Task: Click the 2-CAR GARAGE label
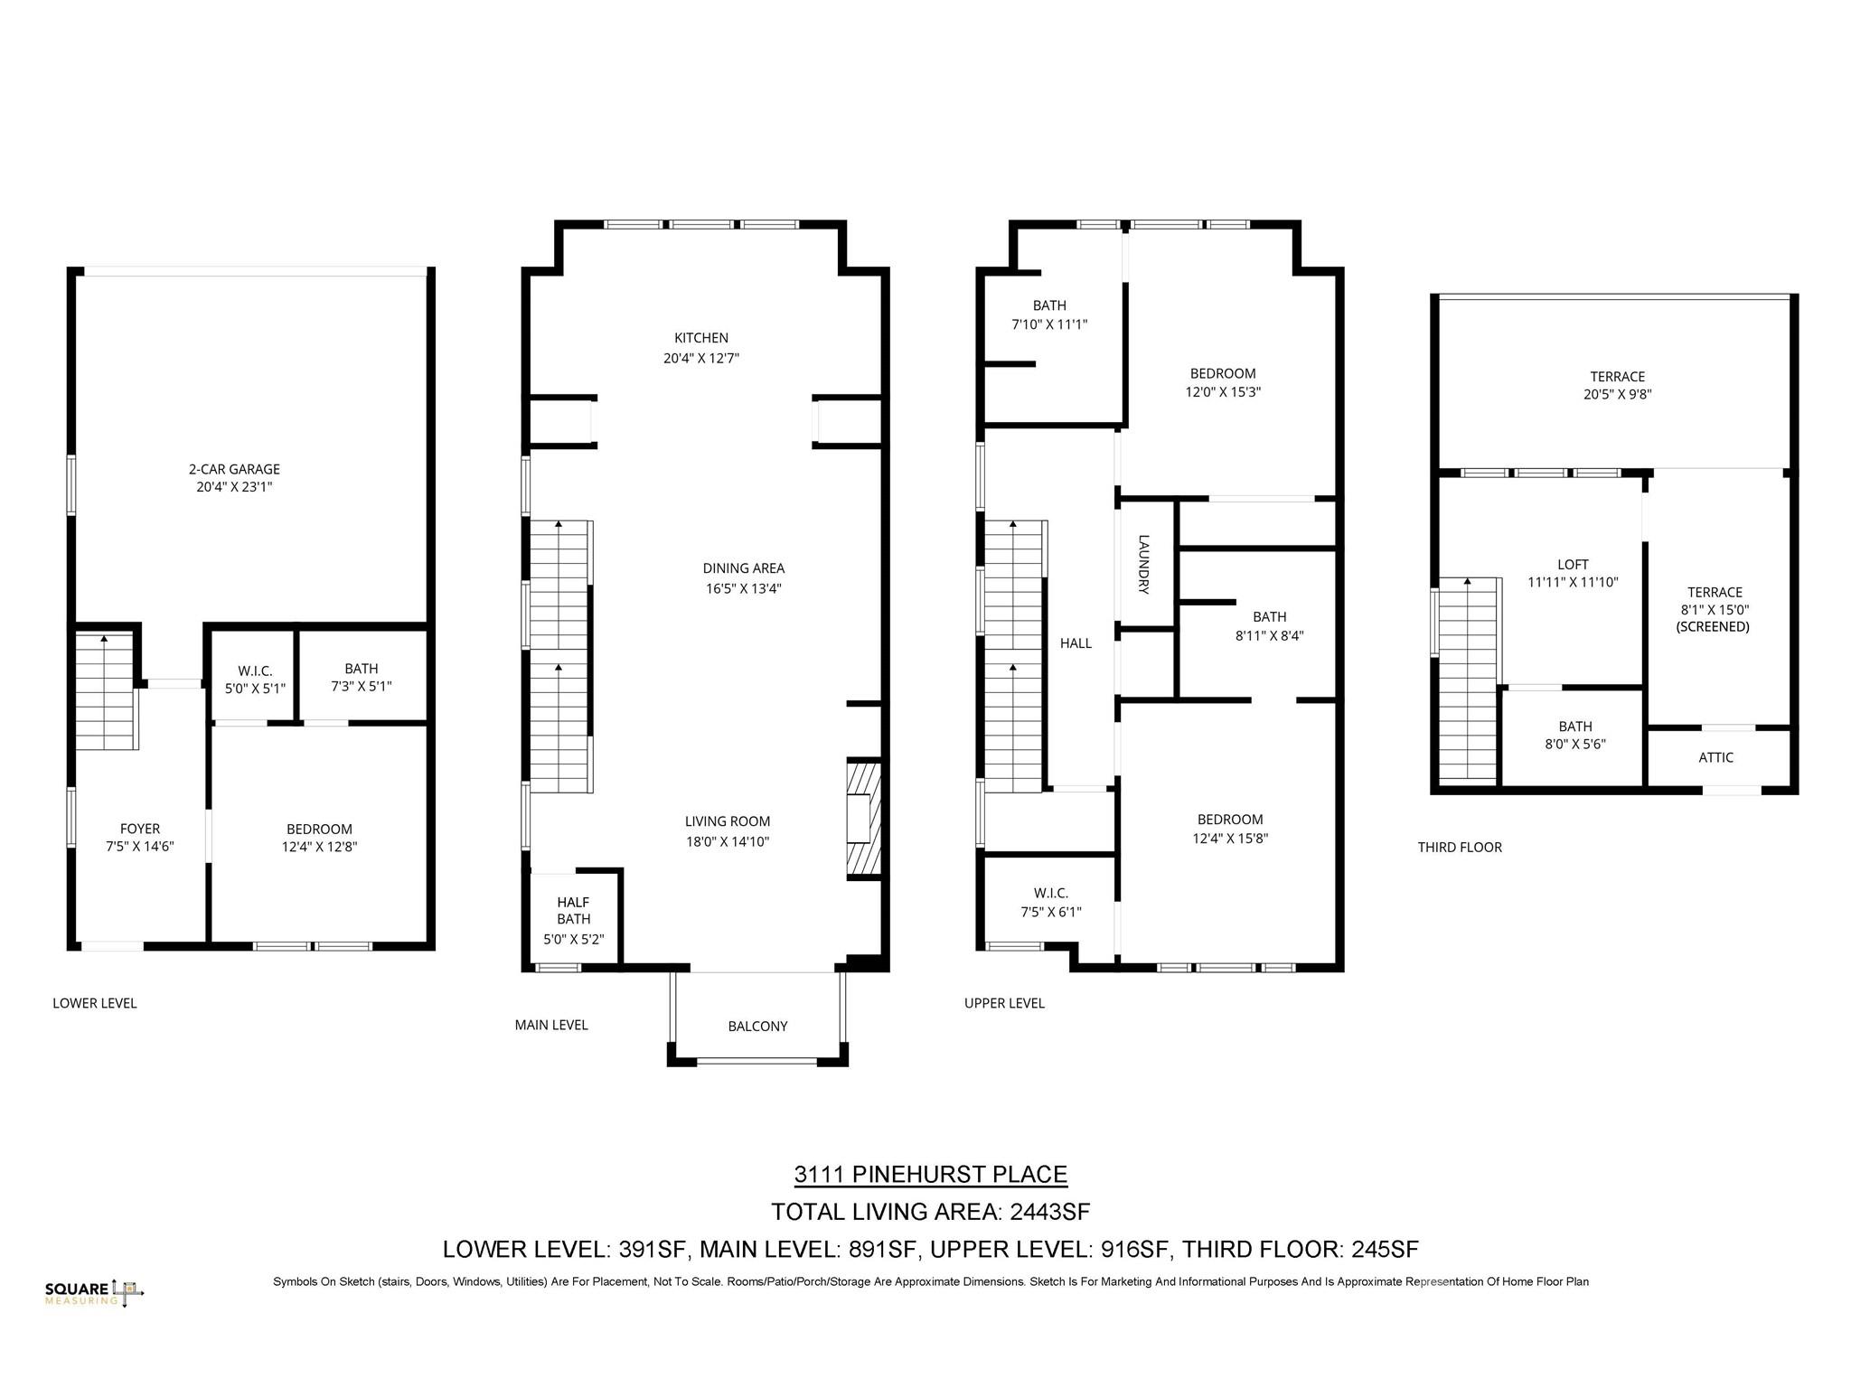[234, 469]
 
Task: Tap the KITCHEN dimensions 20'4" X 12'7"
[700, 358]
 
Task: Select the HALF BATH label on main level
[573, 910]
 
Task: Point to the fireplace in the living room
[862, 819]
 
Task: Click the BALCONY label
[757, 1026]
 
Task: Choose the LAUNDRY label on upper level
[1143, 565]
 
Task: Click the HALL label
[1076, 643]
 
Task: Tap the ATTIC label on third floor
[1715, 757]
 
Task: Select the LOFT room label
[1573, 564]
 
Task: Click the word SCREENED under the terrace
[1713, 626]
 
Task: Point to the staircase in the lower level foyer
[105, 691]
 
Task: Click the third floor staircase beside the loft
[1469, 678]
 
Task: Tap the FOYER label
[139, 829]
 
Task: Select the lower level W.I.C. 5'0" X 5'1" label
[255, 679]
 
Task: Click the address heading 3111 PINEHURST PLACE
[930, 1174]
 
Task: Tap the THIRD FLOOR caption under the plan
[1459, 847]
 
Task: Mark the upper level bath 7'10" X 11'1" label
[1048, 314]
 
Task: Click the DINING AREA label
[743, 568]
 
